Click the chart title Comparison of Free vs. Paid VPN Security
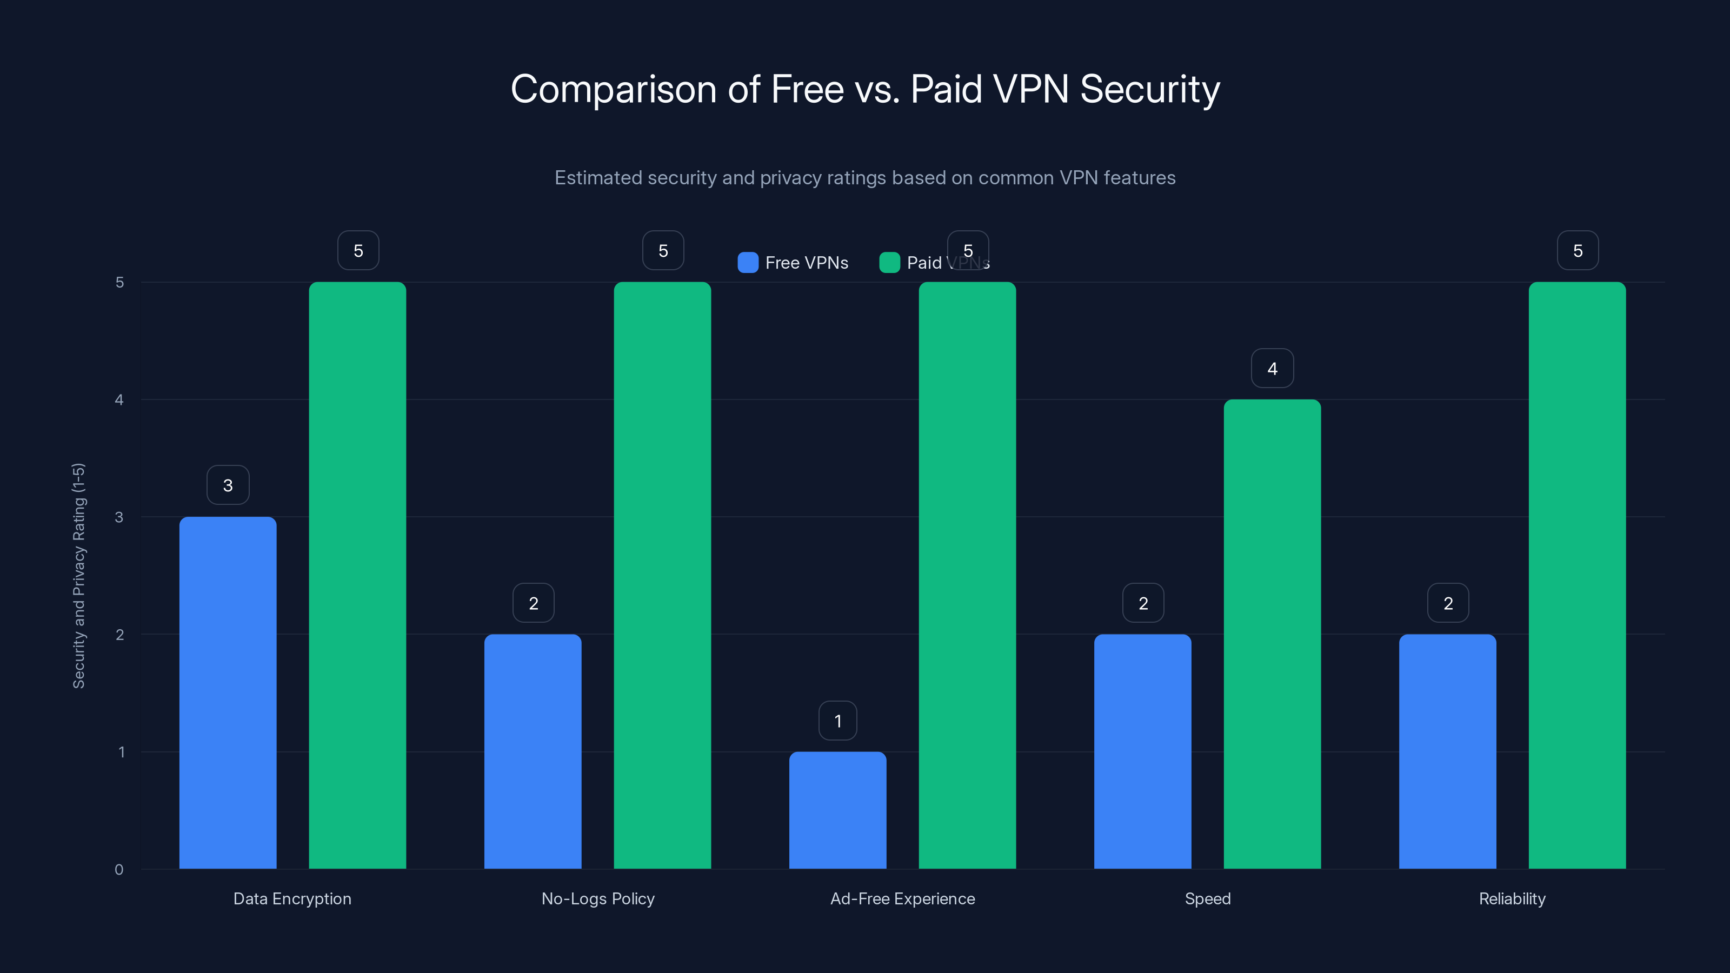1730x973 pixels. [x=865, y=89]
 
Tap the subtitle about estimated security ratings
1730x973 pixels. [x=865, y=178]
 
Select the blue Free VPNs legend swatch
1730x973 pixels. [x=748, y=263]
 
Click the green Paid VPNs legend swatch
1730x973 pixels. [x=889, y=263]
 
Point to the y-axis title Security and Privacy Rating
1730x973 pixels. [x=78, y=576]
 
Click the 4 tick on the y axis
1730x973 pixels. [x=119, y=400]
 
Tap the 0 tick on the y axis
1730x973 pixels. [x=119, y=870]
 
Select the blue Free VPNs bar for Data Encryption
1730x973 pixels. [x=228, y=692]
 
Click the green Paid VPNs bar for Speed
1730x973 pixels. [x=1272, y=635]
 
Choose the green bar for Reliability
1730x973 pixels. [x=1577, y=576]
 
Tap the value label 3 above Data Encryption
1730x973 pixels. [x=228, y=485]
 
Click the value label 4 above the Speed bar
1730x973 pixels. [x=1272, y=369]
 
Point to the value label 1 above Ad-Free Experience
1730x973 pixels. [x=837, y=721]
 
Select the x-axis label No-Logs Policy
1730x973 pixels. [x=598, y=898]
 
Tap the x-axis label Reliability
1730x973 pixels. [x=1512, y=898]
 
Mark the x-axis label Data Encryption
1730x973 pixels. [x=292, y=898]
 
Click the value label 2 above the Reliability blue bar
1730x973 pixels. [x=1448, y=604]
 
